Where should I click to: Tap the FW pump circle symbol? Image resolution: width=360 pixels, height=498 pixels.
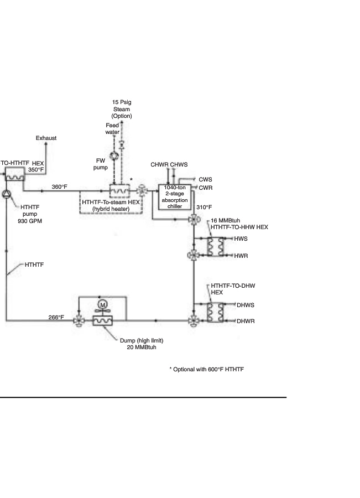pos(113,155)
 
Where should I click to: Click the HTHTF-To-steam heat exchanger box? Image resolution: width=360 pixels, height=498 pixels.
pos(118,190)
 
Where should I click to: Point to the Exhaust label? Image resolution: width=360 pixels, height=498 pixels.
pos(46,138)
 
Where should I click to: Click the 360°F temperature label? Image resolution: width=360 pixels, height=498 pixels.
pos(59,187)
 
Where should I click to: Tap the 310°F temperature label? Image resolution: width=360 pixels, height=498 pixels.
pos(204,207)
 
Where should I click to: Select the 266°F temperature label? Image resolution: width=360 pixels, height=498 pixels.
pos(55,318)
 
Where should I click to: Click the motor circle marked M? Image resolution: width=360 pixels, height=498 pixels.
pos(102,305)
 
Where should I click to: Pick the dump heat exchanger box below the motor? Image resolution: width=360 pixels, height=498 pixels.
pos(102,320)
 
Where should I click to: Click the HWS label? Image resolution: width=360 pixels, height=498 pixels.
pos(241,238)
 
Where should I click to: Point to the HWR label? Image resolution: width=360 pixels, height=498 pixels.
pos(241,256)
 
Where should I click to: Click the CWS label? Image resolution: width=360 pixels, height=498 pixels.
pos(206,180)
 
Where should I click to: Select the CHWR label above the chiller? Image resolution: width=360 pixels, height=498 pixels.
pos(159,165)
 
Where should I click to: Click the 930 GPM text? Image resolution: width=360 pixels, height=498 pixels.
pos(32,221)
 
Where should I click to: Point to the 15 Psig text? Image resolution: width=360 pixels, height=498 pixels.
pos(121,102)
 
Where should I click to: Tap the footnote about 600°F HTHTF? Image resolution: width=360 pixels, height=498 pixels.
pos(206,369)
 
